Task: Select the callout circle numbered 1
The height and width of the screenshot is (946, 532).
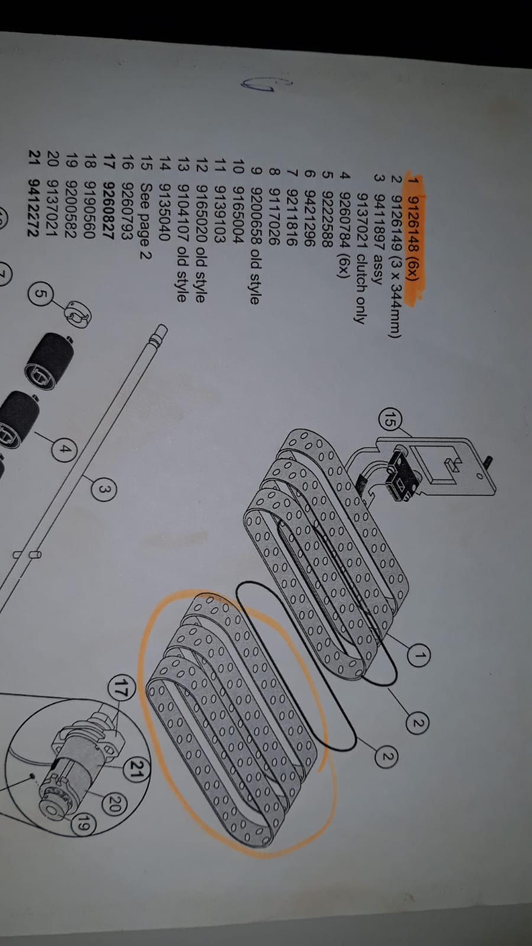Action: (x=420, y=655)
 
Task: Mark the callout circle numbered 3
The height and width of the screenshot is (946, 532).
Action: (x=103, y=489)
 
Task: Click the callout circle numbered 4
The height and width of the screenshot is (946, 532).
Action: (x=66, y=450)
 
